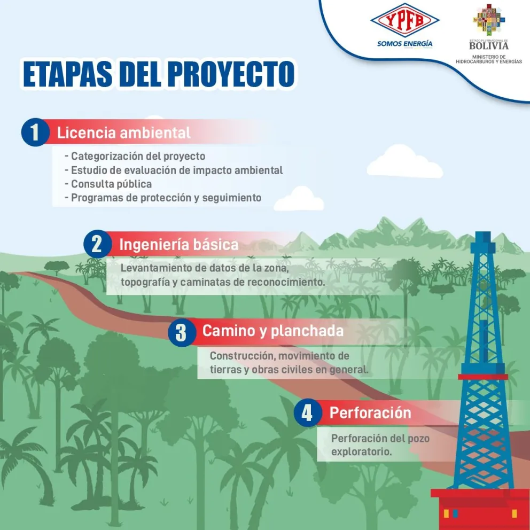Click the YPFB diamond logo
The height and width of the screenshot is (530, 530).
pyautogui.click(x=404, y=21)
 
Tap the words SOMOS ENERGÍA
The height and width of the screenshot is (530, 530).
pyautogui.click(x=404, y=44)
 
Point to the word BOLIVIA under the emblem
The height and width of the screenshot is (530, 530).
pyautogui.click(x=489, y=46)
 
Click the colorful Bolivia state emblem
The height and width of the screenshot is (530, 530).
pyautogui.click(x=489, y=20)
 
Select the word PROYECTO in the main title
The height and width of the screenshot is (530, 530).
pyautogui.click(x=231, y=74)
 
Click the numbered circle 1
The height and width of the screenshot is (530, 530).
pyautogui.click(x=35, y=132)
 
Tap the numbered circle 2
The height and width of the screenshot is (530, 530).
pyautogui.click(x=97, y=245)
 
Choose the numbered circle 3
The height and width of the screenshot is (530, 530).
pyautogui.click(x=181, y=332)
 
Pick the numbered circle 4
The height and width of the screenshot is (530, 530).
pyautogui.click(x=307, y=413)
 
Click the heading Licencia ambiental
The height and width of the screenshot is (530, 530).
pyautogui.click(x=123, y=132)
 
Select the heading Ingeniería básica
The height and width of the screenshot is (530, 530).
pyautogui.click(x=178, y=245)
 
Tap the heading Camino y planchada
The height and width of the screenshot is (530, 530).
pyautogui.click(x=272, y=331)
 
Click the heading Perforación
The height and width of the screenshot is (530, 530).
pyautogui.click(x=370, y=413)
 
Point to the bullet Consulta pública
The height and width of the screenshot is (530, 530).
pyautogui.click(x=111, y=184)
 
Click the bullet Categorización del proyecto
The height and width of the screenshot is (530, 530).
pyautogui.click(x=138, y=156)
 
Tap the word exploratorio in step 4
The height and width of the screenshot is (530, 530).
pyautogui.click(x=361, y=451)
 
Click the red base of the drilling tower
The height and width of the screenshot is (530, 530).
pyautogui.click(x=480, y=505)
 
